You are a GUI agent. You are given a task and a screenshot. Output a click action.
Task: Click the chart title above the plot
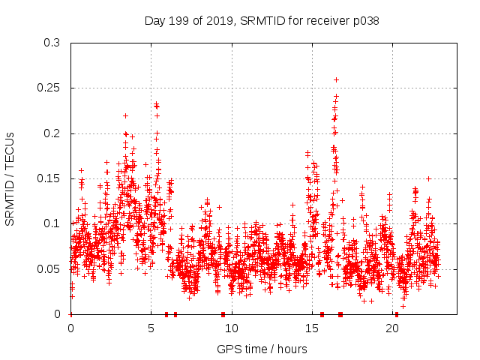tap(262, 21)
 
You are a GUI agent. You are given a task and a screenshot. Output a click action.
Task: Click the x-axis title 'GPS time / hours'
tap(262, 349)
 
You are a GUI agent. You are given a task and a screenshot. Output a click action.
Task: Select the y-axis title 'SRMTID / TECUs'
tap(10, 178)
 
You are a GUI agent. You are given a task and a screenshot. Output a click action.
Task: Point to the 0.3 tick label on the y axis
tap(52, 43)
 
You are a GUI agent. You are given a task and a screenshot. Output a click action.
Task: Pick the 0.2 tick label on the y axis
tap(52, 133)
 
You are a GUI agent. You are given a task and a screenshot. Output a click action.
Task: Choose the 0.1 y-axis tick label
tap(52, 223)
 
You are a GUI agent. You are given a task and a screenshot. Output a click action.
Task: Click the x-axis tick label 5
tap(151, 328)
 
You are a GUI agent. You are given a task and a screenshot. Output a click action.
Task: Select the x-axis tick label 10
tap(232, 328)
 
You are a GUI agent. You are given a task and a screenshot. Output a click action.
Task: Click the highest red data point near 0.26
tap(336, 79)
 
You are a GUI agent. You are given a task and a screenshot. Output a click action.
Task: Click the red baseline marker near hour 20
tap(397, 313)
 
